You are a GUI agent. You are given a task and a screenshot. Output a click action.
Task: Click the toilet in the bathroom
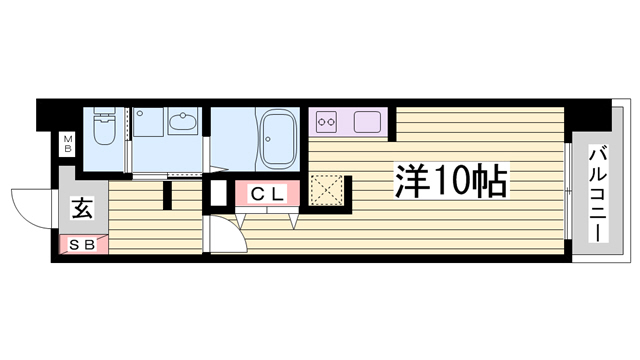(x=104, y=126)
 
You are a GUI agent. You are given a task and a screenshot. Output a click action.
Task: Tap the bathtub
(x=278, y=139)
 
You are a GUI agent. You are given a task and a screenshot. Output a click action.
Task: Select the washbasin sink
(x=182, y=121)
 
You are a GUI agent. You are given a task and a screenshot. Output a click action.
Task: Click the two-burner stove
(x=327, y=122)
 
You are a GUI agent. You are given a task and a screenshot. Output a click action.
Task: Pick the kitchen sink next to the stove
(x=367, y=122)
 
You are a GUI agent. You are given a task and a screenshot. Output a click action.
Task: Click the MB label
(x=67, y=144)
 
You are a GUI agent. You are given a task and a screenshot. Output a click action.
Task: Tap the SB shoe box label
(x=82, y=245)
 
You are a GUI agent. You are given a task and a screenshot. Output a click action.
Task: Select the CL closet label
(x=267, y=194)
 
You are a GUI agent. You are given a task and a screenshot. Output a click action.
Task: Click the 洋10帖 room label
(x=451, y=181)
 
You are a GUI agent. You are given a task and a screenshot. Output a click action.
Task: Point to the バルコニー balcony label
(x=599, y=194)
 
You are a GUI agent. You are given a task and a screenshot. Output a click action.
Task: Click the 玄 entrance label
(x=83, y=208)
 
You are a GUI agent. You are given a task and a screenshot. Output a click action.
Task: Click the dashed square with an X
(x=327, y=190)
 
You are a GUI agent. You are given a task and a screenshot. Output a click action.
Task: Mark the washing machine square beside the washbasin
(x=148, y=122)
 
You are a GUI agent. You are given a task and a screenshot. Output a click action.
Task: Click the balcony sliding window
(x=568, y=191)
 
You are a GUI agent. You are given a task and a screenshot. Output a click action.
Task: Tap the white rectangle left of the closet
(x=218, y=193)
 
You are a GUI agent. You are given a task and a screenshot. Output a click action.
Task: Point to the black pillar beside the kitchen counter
(x=392, y=124)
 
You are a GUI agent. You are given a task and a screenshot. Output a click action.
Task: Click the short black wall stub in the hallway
(x=167, y=196)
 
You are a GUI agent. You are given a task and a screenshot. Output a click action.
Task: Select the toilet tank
(x=104, y=111)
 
